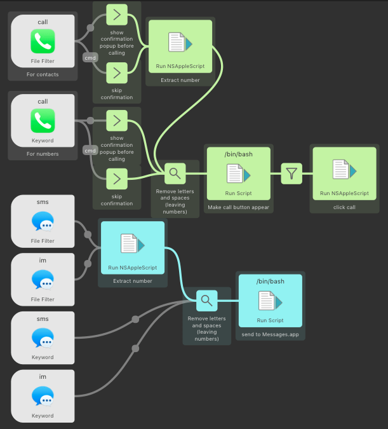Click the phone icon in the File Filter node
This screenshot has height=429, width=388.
pyautogui.click(x=43, y=43)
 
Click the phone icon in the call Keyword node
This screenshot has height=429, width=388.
pyautogui.click(x=43, y=121)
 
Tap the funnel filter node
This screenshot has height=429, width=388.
pyautogui.click(x=291, y=173)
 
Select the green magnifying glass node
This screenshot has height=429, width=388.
pyautogui.click(x=175, y=172)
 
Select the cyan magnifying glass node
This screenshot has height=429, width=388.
pyautogui.click(x=206, y=300)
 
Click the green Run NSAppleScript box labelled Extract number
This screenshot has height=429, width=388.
pyautogui.click(x=180, y=46)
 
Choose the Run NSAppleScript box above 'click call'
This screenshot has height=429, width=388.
pyautogui.click(x=344, y=173)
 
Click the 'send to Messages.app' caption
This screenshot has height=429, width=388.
pyautogui.click(x=270, y=334)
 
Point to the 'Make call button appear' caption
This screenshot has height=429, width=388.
pyautogui.click(x=238, y=207)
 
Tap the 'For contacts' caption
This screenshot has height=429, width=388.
pyautogui.click(x=43, y=74)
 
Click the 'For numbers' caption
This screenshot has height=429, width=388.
pyautogui.click(x=43, y=154)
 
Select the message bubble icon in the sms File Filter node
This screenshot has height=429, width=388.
pyautogui.click(x=43, y=222)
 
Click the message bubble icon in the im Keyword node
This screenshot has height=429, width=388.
pyautogui.click(x=43, y=397)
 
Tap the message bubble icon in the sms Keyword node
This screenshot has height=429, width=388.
pyautogui.click(x=43, y=339)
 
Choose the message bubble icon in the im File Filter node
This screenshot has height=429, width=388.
pyautogui.click(x=43, y=280)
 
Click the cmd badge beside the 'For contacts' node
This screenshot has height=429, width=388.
pyautogui.click(x=90, y=58)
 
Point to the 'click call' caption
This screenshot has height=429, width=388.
pyautogui.click(x=344, y=207)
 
